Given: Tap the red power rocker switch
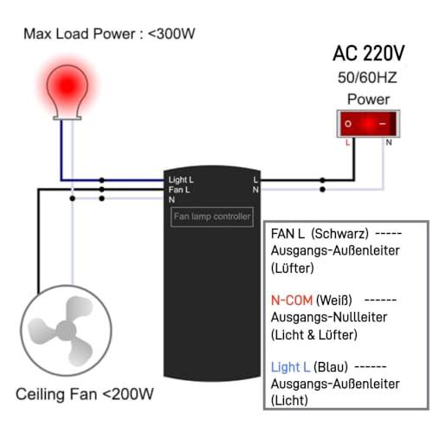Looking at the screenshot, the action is pos(368,124).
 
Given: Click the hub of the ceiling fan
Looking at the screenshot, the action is pos(66,331).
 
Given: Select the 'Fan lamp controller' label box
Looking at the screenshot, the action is pos(212,216).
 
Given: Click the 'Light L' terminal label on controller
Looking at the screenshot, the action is pos(181,180).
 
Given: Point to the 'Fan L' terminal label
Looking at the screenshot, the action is pos(179,190).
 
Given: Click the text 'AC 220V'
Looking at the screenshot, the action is pos(369,54).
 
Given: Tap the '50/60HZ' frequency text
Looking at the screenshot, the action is pos(367,77).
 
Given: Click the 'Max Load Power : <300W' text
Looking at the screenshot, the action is pos(109,34).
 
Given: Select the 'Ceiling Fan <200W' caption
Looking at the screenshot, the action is pos(85,394).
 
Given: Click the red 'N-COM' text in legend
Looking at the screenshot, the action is pos(292,301).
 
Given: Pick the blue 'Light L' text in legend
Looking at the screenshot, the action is pos(291,367).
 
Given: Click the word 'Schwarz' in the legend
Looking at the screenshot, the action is pos(340,234).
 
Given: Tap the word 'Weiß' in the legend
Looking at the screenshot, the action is pos(335,301).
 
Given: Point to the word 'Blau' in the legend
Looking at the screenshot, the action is pos(331,367).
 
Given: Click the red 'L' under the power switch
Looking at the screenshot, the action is pos(347,142).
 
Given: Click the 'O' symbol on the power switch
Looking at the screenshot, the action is pos(348,124).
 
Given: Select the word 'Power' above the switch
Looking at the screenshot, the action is pos(368,100).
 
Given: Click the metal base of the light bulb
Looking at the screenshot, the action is pos(68,117).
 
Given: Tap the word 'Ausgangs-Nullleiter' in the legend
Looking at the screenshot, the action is pos(329,318).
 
